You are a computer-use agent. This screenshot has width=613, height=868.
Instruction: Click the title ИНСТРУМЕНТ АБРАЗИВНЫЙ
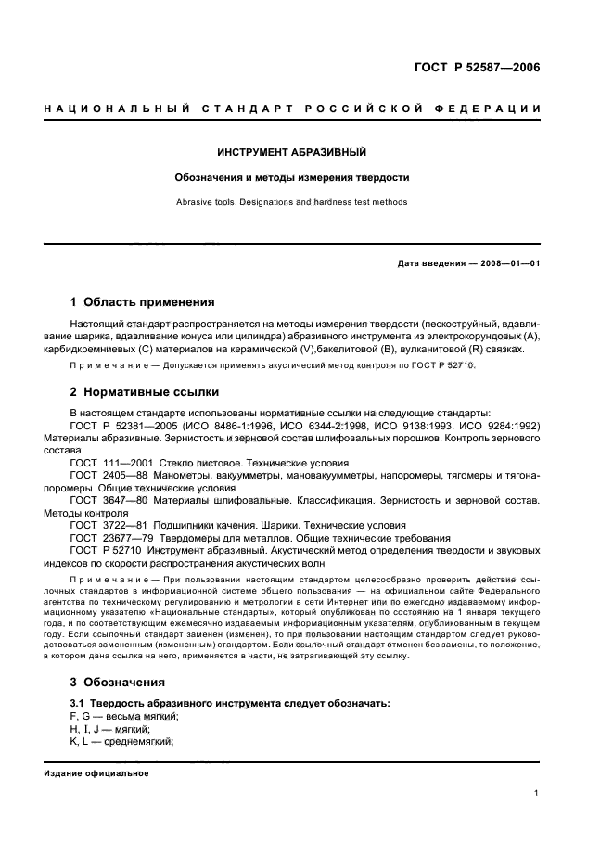(292, 151)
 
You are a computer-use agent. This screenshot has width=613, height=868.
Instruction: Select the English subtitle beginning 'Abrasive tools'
(292, 201)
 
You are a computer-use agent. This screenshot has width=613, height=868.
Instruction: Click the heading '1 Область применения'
(143, 301)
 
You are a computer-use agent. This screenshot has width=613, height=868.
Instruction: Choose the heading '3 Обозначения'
(119, 682)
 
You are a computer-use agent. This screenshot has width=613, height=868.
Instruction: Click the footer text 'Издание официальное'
(96, 772)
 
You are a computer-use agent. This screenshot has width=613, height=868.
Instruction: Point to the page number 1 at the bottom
(537, 793)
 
